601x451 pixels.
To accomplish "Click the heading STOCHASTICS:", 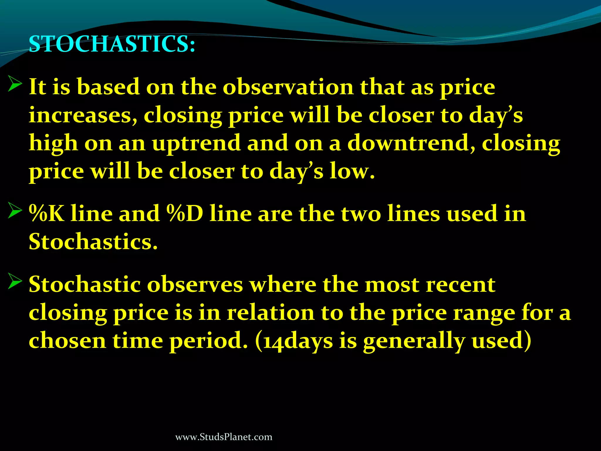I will click(x=112, y=44).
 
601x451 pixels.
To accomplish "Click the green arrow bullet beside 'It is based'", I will click(x=15, y=83).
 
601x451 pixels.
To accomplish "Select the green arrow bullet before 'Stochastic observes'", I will click(x=15, y=281).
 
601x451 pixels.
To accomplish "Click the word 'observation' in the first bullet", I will click(x=288, y=87).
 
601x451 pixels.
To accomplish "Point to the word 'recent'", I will click(x=460, y=285).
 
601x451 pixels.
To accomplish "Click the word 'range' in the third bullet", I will click(x=484, y=313).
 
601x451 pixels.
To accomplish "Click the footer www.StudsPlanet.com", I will click(x=224, y=437).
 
